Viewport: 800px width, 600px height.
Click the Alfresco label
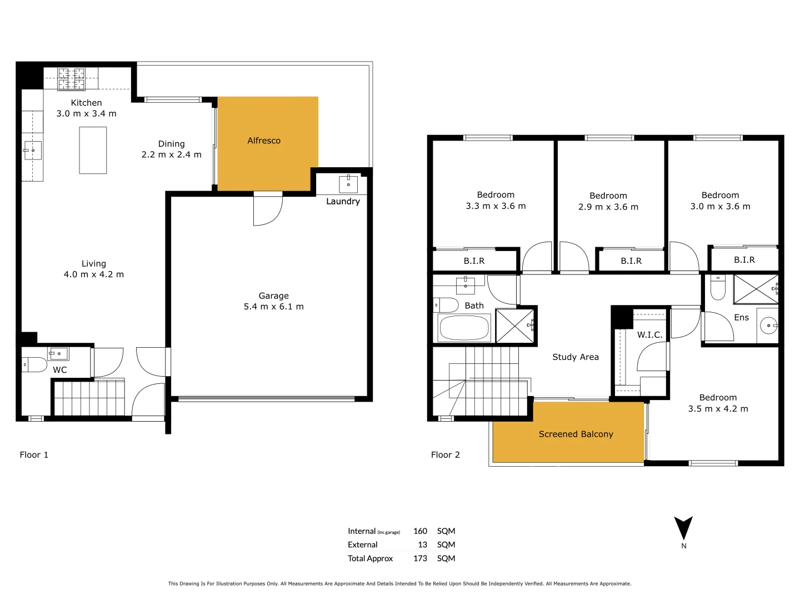tap(264, 141)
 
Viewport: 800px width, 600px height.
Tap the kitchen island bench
tap(93, 151)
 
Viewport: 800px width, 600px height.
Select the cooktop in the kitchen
tap(72, 79)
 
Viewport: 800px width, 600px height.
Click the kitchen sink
tap(32, 150)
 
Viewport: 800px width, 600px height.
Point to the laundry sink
tap(348, 184)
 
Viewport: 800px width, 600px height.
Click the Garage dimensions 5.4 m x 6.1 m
tap(273, 307)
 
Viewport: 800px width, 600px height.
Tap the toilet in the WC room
tap(34, 365)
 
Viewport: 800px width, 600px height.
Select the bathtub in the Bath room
tap(464, 328)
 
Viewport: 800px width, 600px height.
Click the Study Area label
tap(576, 357)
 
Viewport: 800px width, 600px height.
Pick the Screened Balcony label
tap(576, 434)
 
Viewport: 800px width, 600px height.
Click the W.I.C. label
tap(649, 334)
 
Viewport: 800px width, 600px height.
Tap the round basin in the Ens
tap(769, 326)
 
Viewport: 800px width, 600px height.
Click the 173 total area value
tap(420, 558)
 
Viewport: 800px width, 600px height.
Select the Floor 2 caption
tap(445, 454)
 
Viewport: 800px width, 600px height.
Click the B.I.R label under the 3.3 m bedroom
tap(474, 261)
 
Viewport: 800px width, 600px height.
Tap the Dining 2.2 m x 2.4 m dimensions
tap(171, 154)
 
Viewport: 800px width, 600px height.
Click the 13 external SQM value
tap(422, 544)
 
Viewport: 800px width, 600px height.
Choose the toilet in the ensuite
tap(718, 288)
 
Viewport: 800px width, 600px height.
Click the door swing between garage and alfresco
tap(268, 210)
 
